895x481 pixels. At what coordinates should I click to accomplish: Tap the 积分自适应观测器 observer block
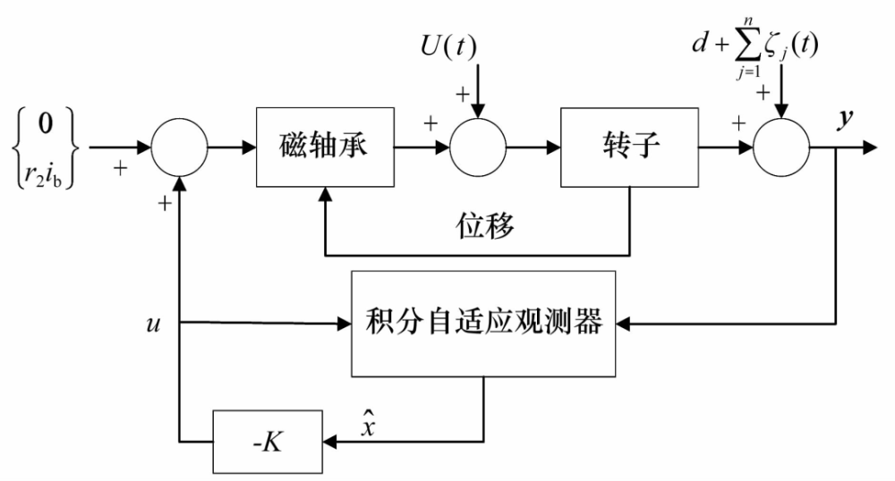tap(484, 322)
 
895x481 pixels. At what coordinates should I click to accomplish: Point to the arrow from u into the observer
tap(268, 322)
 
